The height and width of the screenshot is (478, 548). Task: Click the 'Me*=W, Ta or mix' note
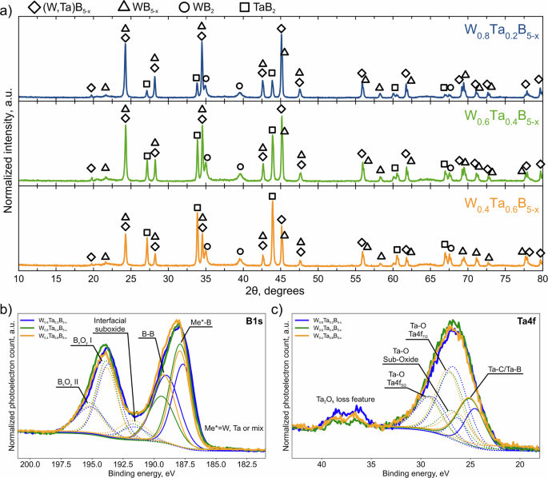pyautogui.click(x=234, y=428)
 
